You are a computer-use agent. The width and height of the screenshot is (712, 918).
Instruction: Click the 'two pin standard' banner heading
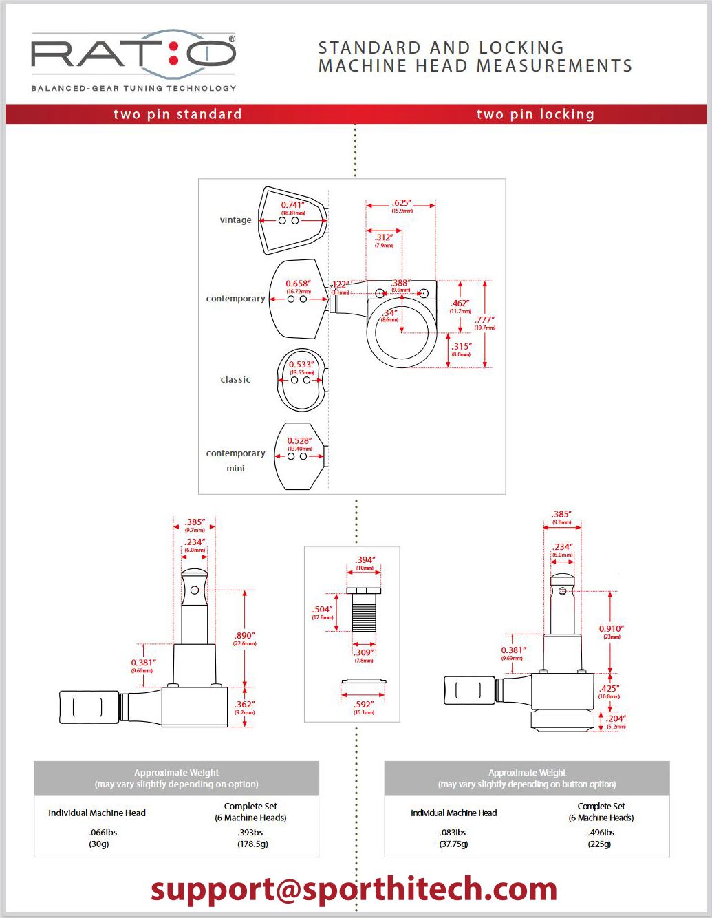point(177,114)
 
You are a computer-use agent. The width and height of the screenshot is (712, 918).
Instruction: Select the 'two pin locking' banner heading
point(535,114)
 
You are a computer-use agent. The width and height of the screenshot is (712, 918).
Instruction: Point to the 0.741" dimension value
point(292,205)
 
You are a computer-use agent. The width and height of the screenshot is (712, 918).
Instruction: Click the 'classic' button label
point(235,379)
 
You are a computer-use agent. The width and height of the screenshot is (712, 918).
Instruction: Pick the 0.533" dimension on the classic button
point(301,365)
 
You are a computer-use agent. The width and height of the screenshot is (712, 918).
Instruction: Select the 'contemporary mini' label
point(235,460)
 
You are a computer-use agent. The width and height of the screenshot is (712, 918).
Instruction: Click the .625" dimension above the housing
point(401,203)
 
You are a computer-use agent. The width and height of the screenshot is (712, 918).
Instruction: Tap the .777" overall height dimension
point(484,320)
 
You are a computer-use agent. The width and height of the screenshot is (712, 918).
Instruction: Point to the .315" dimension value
point(461,347)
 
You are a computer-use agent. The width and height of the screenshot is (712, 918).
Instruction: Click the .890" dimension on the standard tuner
point(244,636)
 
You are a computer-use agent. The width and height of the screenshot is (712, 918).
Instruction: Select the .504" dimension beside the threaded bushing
point(322,610)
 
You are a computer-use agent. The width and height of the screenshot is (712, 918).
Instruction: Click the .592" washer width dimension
point(363,704)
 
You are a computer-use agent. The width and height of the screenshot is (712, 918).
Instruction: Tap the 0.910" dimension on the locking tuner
point(611,629)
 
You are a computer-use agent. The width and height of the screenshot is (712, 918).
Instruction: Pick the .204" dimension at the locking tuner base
point(616,718)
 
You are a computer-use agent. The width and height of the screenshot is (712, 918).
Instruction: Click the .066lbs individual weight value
point(103,832)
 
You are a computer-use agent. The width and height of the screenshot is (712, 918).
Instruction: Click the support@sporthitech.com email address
point(354,889)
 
